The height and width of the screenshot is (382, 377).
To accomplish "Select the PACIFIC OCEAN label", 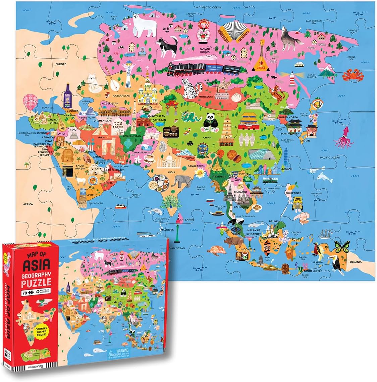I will [x=330, y=157].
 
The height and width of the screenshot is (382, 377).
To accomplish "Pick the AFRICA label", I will [x=28, y=204].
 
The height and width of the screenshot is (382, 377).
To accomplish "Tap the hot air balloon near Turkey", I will [x=29, y=102].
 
